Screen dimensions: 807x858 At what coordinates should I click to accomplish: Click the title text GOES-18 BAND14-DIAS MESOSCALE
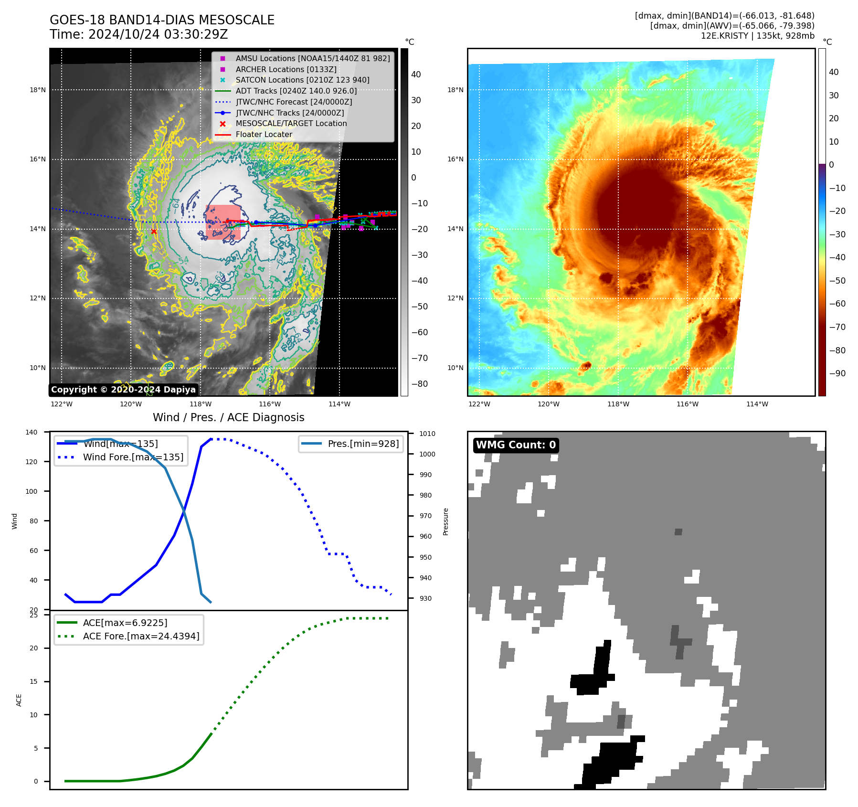[x=162, y=20]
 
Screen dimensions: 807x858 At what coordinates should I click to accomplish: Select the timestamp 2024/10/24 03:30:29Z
[x=158, y=34]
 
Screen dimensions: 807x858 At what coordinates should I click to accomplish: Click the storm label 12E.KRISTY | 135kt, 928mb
[x=757, y=36]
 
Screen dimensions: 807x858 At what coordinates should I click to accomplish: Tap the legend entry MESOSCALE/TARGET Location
[x=291, y=124]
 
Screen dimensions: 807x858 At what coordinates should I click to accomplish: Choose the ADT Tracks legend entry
[x=296, y=91]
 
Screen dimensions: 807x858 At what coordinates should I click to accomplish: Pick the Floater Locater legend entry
[x=264, y=135]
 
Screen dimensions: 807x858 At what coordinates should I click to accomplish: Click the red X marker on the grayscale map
[x=154, y=232]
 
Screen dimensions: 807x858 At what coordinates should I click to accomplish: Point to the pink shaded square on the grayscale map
[x=223, y=222]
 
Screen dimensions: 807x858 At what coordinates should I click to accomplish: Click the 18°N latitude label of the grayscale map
[x=38, y=90]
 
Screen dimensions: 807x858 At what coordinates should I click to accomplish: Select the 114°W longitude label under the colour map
[x=757, y=404]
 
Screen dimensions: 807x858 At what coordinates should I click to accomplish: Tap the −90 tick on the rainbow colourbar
[x=837, y=373]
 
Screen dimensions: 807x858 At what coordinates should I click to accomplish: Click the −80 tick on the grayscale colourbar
[x=419, y=384]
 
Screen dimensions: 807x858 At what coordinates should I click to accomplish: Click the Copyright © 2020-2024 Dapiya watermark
[x=123, y=390]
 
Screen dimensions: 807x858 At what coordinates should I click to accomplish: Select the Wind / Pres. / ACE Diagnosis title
[x=228, y=417]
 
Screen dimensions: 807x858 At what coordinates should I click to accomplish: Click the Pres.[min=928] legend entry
[x=363, y=444]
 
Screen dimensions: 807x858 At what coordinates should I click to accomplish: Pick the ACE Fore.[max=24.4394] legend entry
[x=141, y=636]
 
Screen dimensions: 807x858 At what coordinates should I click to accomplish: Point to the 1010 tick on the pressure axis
[x=427, y=434]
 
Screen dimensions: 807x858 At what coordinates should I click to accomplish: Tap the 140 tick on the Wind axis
[x=32, y=432]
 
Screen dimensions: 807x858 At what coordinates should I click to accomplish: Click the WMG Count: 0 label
[x=516, y=445]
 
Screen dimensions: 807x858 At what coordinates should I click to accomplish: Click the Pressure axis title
[x=445, y=521]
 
